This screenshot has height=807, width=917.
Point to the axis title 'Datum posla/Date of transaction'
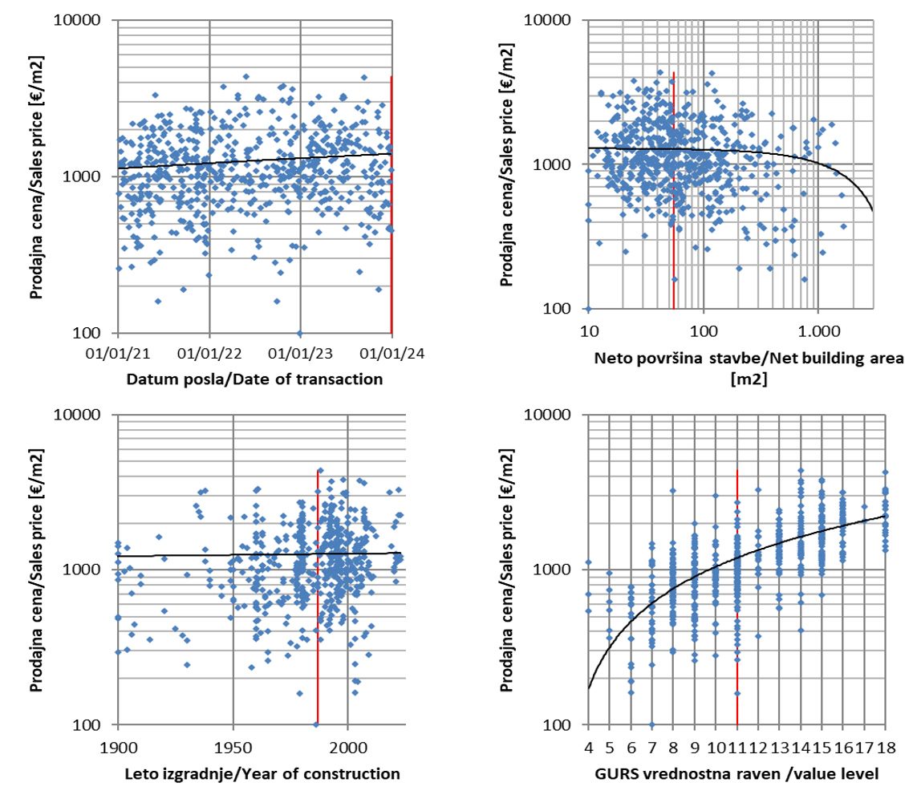(x=254, y=379)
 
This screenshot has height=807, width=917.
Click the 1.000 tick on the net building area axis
(x=818, y=328)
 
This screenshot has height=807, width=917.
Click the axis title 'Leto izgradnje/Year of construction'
(x=262, y=773)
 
